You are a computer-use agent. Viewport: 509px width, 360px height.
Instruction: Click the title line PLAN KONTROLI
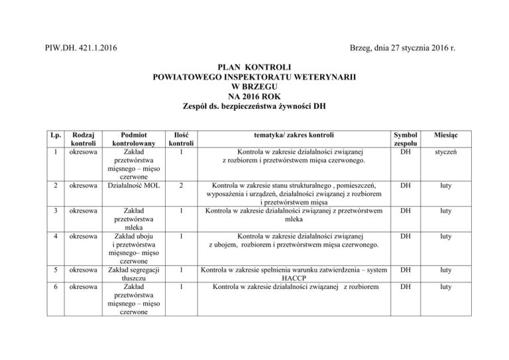pyautogui.click(x=254, y=67)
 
